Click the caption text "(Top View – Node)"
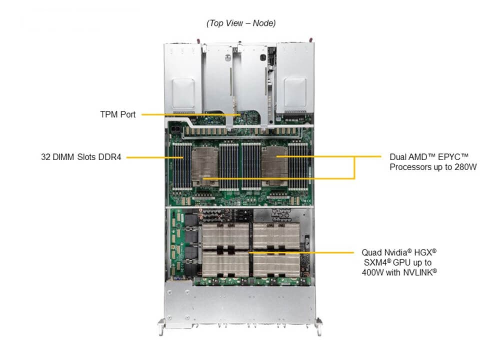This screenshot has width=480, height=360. (241, 23)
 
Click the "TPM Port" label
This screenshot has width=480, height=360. (117, 114)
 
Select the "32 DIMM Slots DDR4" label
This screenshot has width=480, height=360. (81, 157)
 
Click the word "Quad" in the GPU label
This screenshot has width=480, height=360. (372, 252)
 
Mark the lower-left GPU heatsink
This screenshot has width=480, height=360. (225, 263)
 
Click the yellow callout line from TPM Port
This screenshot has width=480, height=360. (190, 115)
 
